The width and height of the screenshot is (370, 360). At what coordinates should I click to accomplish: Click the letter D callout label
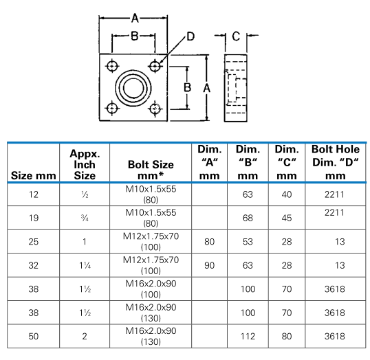click(191, 35)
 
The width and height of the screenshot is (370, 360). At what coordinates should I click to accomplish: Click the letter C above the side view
click(235, 36)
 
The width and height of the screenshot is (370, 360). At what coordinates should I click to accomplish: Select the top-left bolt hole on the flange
click(111, 65)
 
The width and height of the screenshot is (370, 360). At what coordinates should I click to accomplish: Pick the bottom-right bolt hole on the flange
click(155, 109)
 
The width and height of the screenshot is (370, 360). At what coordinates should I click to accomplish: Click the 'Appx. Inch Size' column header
click(85, 164)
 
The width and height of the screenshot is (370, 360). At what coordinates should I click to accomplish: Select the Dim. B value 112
click(248, 336)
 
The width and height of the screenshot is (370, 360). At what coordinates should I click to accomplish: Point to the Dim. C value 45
click(287, 219)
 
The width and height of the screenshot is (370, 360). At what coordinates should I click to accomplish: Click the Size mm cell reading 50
click(33, 336)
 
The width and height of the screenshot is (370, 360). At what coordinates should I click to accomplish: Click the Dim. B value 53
click(248, 243)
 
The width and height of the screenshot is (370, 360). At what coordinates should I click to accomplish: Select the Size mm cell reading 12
click(33, 196)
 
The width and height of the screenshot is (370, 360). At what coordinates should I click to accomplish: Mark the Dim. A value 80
click(210, 243)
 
